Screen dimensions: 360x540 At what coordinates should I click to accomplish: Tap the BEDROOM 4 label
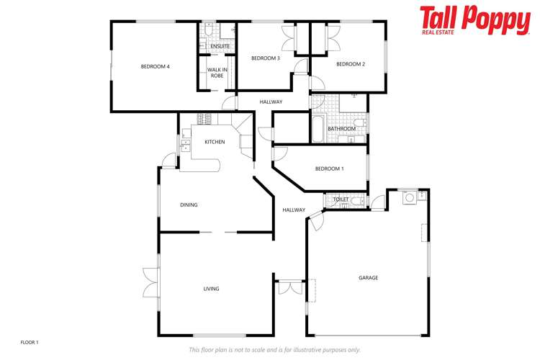tap(155, 67)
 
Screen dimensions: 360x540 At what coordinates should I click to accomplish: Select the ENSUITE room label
tap(220, 47)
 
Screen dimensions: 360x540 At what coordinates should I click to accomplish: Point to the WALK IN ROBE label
tap(217, 72)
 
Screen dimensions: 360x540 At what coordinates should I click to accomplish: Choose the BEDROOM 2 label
tap(351, 64)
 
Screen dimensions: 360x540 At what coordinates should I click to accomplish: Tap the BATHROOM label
tap(341, 129)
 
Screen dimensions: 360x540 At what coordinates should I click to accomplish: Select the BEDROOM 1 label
tap(329, 168)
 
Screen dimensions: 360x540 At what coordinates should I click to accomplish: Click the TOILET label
tap(341, 199)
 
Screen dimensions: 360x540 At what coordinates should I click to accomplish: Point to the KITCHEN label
tap(215, 142)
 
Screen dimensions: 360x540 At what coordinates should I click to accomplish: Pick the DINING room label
tap(189, 205)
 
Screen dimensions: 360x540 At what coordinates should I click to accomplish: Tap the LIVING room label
tap(211, 289)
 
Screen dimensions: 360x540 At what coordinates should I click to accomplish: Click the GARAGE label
tap(368, 277)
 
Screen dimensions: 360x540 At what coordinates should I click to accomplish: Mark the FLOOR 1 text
tap(30, 342)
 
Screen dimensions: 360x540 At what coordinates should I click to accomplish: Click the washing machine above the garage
tap(410, 196)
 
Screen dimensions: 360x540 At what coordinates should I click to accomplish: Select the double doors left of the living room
tap(150, 282)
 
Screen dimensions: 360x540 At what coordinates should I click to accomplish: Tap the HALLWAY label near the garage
tap(293, 210)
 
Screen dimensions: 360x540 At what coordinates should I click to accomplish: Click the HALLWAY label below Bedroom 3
tap(271, 102)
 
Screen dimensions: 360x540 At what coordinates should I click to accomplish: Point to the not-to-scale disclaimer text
tap(274, 349)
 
